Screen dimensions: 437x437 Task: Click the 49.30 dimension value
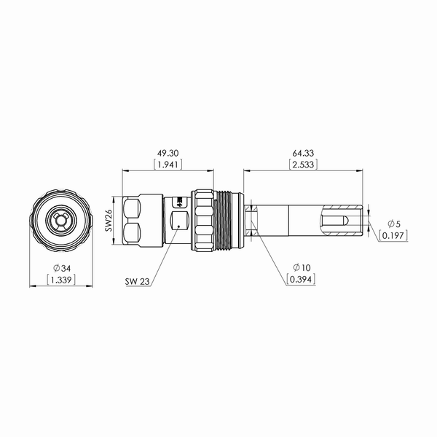coord(168,153)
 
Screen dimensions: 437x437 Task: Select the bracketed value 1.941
coord(168,165)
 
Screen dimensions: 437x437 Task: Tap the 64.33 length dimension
coord(303,153)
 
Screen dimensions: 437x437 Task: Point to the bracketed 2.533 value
coord(303,165)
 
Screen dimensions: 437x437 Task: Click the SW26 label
coord(109,221)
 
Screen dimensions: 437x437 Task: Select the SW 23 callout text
coord(138,281)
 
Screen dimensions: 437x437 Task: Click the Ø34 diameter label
coord(62,268)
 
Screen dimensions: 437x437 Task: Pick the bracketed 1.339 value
coord(61,280)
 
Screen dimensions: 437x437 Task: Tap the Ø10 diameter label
coord(302,267)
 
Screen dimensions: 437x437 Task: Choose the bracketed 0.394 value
coord(301,279)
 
